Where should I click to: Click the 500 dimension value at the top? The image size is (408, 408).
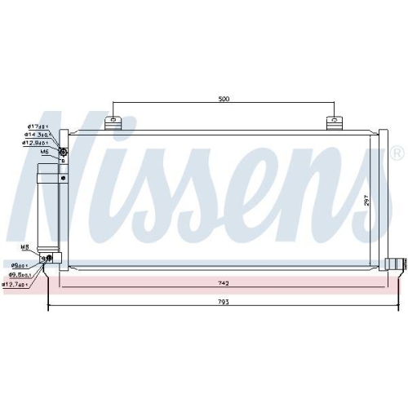point(224,99)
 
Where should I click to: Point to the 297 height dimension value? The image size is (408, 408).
point(367,200)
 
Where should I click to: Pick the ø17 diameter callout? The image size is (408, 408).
point(38,125)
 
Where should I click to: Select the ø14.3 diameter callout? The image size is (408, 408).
point(38,134)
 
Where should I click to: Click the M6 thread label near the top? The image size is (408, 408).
point(44,152)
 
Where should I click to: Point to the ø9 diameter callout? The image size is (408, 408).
point(21,264)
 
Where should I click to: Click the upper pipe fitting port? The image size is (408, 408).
point(64,140)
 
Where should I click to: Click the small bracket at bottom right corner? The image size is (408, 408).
point(394,263)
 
